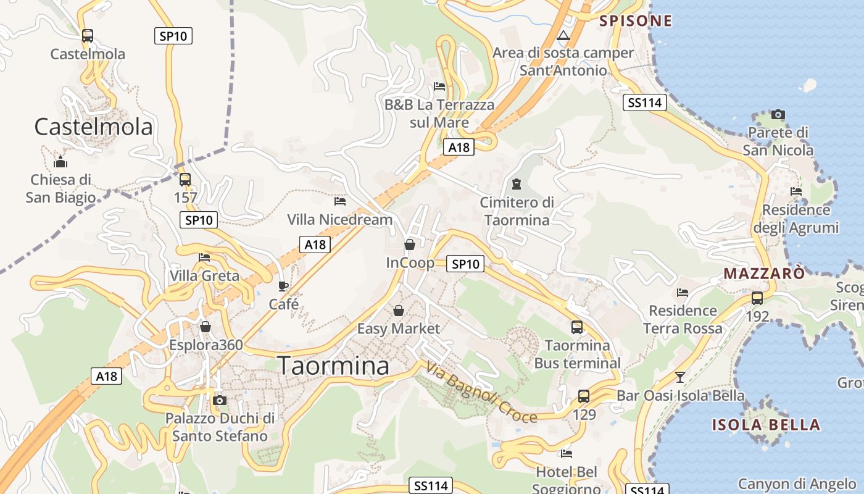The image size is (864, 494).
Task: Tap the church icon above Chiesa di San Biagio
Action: point(60,162)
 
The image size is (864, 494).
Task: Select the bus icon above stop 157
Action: point(185,180)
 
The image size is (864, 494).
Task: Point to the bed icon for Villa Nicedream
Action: point(340,201)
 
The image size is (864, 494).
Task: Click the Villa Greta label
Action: point(204,275)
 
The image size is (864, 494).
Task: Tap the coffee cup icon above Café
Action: point(283,286)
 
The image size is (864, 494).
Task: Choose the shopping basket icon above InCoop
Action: point(409,245)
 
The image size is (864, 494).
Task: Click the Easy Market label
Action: point(399,329)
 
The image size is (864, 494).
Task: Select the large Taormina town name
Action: point(333,366)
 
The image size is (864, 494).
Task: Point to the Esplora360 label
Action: point(206,345)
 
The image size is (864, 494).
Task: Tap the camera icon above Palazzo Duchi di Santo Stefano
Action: point(219,400)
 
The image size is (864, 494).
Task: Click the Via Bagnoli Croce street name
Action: point(481,393)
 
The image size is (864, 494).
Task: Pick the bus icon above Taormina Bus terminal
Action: point(577,327)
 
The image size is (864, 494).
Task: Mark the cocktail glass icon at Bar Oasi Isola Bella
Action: point(680,377)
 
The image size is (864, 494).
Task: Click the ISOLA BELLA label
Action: point(766,425)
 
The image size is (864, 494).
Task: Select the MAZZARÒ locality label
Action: point(764,273)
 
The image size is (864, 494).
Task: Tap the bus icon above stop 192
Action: point(757,298)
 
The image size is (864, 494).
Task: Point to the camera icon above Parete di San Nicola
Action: point(778,114)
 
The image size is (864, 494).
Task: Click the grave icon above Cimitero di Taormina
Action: point(516,183)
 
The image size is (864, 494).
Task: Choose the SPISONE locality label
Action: point(636,21)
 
